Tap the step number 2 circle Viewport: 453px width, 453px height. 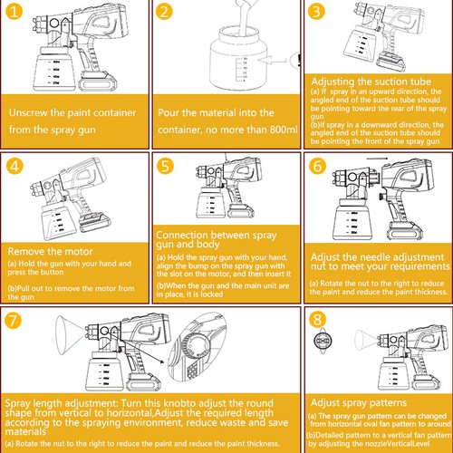tap(165, 13)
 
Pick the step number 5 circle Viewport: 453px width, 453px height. tap(165, 167)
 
